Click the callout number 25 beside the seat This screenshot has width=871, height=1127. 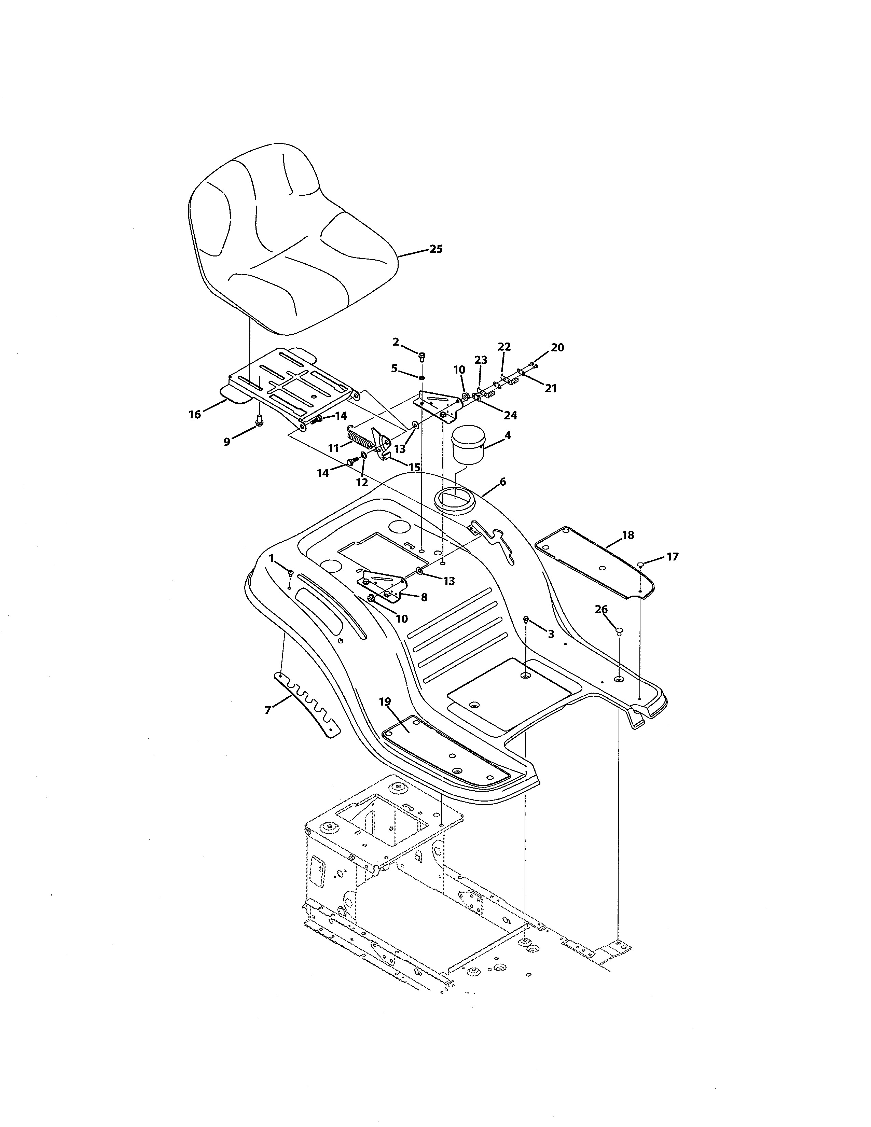coord(436,249)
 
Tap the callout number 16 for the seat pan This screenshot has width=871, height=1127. coord(195,414)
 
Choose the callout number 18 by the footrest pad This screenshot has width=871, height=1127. coord(628,535)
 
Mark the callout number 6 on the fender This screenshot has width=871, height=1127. coord(502,482)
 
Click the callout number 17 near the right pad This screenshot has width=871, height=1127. coord(673,557)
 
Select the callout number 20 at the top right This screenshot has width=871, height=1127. coord(557,348)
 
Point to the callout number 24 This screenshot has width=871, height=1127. coord(510,415)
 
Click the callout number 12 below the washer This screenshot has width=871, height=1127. coord(362,483)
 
